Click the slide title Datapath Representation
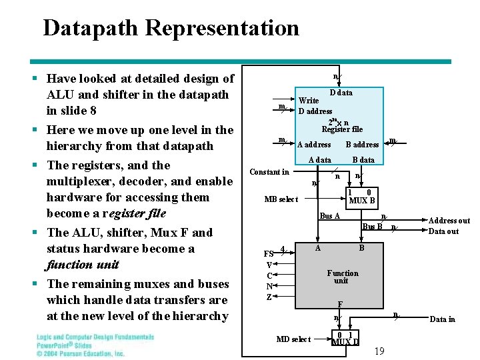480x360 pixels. coord(171,29)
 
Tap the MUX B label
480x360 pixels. coord(362,200)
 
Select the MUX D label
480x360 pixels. coord(345,342)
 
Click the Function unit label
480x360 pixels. coord(342,277)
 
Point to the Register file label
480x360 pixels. coord(342,129)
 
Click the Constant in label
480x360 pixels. coord(269,172)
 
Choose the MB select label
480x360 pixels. coord(281,199)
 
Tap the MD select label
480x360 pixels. coord(293,339)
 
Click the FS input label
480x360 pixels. coord(269,254)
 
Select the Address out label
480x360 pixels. coord(449,221)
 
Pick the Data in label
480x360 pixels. coord(442,319)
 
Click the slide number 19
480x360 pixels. coord(379,351)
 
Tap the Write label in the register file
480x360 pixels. coord(307,101)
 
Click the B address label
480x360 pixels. coord(362,145)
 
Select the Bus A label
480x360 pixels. coord(330,215)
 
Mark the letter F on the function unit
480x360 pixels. coord(339,304)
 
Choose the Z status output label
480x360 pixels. coord(269,297)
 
